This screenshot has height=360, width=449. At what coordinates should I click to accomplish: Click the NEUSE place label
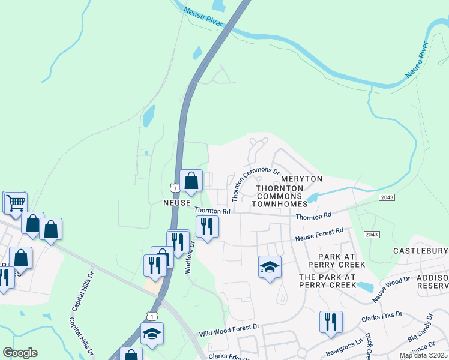coord(177,203)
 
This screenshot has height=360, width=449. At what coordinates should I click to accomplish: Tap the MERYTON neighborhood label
coord(302,179)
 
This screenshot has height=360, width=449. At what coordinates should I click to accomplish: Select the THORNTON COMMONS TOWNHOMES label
coord(278,196)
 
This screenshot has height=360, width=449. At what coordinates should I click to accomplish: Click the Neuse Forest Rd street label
coord(319,235)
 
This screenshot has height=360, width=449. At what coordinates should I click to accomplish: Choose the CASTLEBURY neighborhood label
coord(420,250)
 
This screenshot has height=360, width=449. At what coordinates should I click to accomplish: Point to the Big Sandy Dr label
coord(421,328)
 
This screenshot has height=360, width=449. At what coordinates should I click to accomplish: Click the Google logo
coord(20,353)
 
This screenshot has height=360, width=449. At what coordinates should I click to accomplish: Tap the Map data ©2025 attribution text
coord(423,355)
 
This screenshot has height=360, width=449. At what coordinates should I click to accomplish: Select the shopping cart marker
coord(16,202)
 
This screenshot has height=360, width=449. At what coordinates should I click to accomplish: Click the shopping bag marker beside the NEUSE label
coord(191,181)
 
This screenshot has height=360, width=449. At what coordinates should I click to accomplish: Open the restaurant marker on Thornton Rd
coord(207,226)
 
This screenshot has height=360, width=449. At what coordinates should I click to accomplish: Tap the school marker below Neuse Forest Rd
coord(270,266)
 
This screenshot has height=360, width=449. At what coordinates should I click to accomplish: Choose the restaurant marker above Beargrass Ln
coord(331,322)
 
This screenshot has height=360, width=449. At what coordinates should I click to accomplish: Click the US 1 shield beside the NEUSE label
coord(174,188)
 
